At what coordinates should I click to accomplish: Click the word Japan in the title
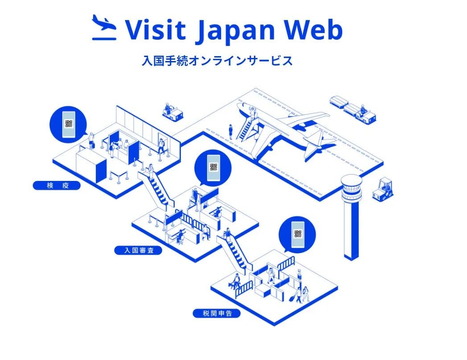(235, 30)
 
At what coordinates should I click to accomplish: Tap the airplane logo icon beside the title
(104, 28)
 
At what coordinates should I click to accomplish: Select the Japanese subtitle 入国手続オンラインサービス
(217, 61)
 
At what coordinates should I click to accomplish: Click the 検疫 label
(57, 185)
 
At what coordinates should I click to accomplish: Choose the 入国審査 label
(138, 250)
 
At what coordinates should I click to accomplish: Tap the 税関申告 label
(217, 314)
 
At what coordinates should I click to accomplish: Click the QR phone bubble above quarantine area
(68, 123)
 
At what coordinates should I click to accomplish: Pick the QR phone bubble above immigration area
(213, 168)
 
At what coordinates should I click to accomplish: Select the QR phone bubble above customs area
(297, 234)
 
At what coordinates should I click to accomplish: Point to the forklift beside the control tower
(383, 188)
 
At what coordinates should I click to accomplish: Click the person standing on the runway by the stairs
(231, 131)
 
